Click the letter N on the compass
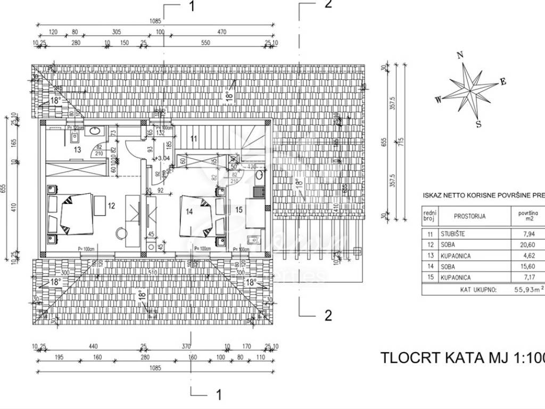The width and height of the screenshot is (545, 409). tap(461, 54)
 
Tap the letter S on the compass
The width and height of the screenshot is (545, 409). tap(478, 125)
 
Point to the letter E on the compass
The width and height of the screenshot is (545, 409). tap(502, 81)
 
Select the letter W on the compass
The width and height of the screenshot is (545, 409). tap(438, 99)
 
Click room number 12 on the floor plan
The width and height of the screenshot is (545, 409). tap(111, 205)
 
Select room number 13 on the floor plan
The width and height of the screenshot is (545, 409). tap(77, 150)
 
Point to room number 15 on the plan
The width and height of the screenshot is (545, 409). tap(239, 210)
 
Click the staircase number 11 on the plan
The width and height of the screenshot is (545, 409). tap(194, 139)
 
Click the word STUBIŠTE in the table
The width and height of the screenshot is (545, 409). tap(454, 233)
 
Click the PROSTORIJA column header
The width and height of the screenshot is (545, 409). tap(469, 216)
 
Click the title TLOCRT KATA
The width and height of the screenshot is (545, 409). tap(436, 357)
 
